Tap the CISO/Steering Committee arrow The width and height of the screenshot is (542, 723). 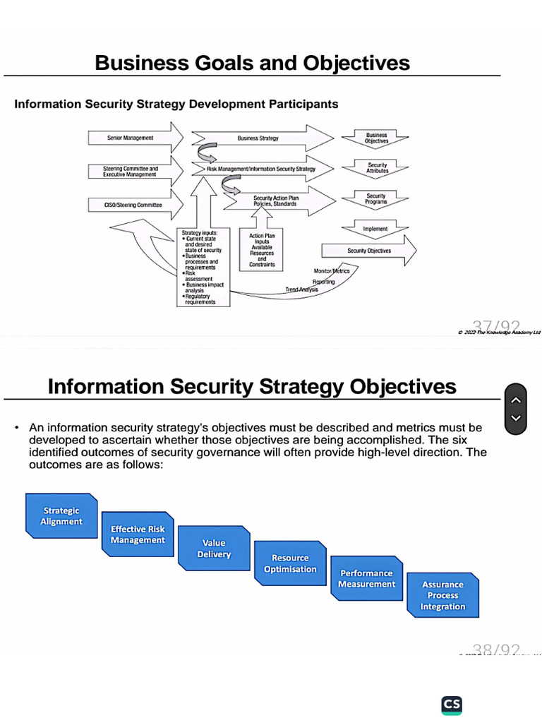tap(134, 205)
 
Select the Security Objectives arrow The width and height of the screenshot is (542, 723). tap(368, 251)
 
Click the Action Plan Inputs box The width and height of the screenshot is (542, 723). tap(262, 250)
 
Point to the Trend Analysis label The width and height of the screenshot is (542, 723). tap(301, 289)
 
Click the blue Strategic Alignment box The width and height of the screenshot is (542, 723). tap(61, 516)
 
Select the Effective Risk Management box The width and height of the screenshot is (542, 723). tap(138, 534)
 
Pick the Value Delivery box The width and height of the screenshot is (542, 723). tap(214, 549)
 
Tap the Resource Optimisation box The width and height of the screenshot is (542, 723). tap(290, 563)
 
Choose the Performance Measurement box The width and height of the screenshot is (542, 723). tap(366, 578)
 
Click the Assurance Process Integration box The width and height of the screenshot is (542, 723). tap(442, 595)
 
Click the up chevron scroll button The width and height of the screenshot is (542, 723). tap(516, 400)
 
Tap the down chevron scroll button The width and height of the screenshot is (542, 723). tap(516, 418)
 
